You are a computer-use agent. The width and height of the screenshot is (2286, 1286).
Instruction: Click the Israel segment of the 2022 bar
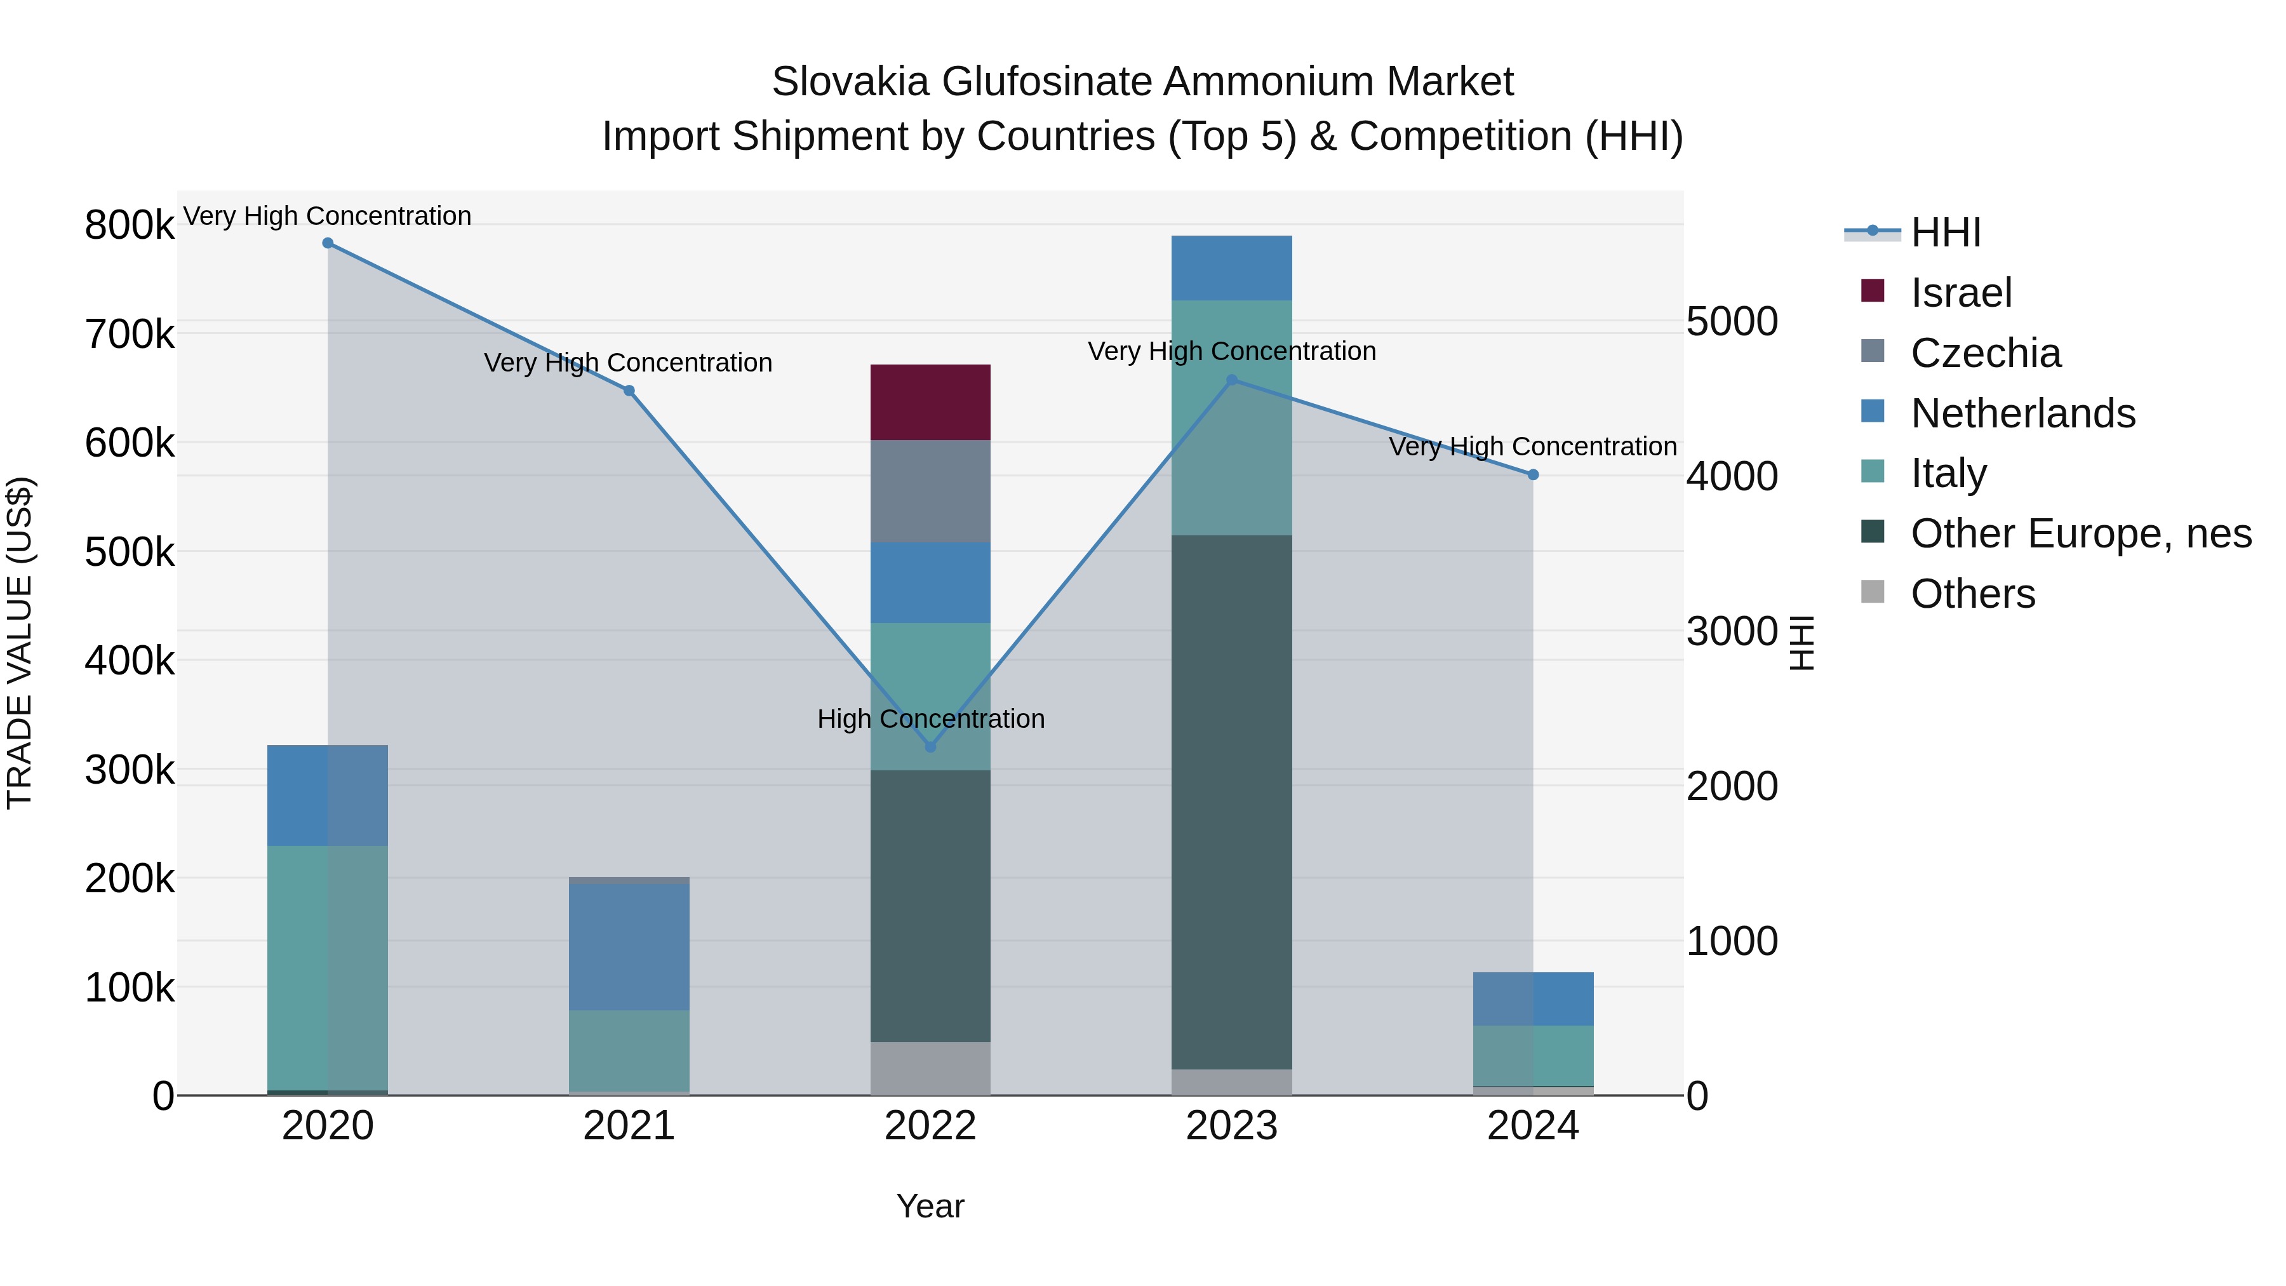[x=930, y=402]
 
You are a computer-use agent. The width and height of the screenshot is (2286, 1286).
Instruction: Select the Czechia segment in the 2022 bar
[x=930, y=491]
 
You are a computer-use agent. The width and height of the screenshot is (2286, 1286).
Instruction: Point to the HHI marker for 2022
[x=930, y=746]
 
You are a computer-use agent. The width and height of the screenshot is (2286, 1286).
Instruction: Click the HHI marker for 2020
[x=328, y=243]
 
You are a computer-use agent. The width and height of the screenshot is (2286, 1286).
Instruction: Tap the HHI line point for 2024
[x=1533, y=475]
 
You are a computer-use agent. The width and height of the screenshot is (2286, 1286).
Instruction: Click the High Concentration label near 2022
[x=930, y=719]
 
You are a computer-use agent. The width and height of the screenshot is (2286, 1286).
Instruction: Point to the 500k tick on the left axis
[x=130, y=552]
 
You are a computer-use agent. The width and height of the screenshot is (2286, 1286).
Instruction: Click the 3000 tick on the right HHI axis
[x=1732, y=632]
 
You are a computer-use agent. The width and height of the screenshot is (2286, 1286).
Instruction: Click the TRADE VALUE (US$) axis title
[x=20, y=643]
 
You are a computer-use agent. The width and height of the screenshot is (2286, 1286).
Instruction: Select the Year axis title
[x=930, y=1206]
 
